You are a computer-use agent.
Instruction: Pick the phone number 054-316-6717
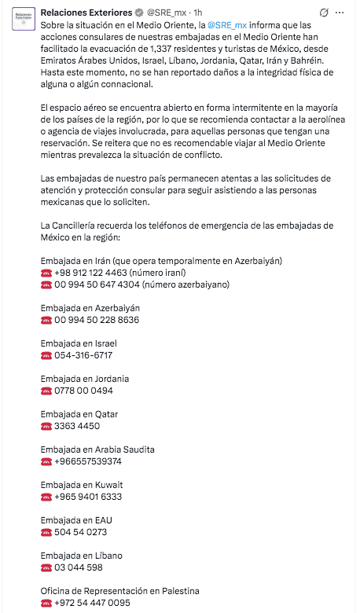(83, 355)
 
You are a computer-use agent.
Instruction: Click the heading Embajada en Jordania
(85, 379)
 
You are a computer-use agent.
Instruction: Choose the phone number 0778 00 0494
(83, 391)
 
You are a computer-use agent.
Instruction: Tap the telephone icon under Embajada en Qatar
(46, 426)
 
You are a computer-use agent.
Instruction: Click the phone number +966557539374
(88, 461)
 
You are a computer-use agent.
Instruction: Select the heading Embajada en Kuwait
(82, 485)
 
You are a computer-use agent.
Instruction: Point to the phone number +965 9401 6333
(88, 497)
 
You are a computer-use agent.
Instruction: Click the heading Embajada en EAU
(77, 520)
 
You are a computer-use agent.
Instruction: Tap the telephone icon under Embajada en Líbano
(46, 567)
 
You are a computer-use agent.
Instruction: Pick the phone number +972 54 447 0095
(92, 603)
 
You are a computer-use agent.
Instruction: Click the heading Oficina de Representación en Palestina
(119, 591)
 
